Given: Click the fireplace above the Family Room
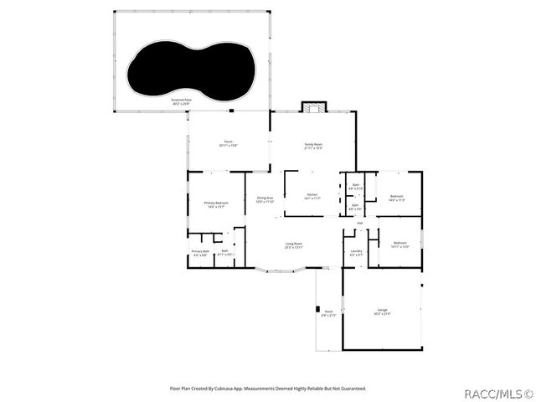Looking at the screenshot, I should click(312, 107).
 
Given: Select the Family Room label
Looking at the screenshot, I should click(313, 145).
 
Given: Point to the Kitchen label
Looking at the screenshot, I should click(312, 197).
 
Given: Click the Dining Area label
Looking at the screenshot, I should click(265, 199).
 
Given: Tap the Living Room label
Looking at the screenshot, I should click(293, 245).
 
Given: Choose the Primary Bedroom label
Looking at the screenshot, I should click(217, 204).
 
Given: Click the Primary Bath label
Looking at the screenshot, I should click(200, 252).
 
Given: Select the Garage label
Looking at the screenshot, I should click(382, 312).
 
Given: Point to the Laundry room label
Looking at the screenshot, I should click(356, 251).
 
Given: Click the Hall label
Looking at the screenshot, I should click(360, 224).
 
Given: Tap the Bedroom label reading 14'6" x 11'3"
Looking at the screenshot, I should click(397, 198).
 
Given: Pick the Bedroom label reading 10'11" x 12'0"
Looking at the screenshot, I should click(400, 245).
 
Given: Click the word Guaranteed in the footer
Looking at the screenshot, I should click(353, 389).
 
